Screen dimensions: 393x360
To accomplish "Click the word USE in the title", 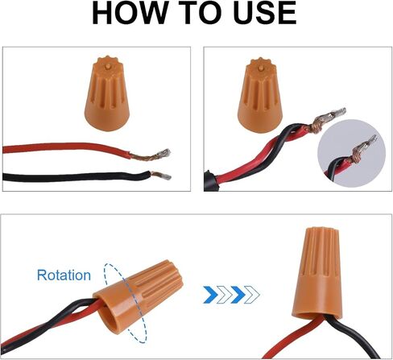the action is tap(265, 13).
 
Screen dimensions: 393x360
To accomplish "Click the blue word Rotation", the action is tap(64, 275).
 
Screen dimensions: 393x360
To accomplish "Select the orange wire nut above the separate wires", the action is tap(107, 93).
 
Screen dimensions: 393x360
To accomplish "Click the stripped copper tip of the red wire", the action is tap(151, 155).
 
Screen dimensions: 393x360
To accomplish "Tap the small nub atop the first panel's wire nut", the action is tap(108, 66).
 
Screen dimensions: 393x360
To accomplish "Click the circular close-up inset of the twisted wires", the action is tap(352, 153).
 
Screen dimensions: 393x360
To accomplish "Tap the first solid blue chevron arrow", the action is tap(211, 295).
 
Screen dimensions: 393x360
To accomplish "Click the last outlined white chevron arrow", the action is tap(252, 295).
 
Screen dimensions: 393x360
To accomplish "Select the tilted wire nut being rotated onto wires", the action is tap(139, 295).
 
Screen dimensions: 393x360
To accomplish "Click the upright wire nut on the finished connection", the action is tap(318, 273).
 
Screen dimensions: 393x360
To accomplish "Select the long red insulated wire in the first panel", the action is tap(66, 148).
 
